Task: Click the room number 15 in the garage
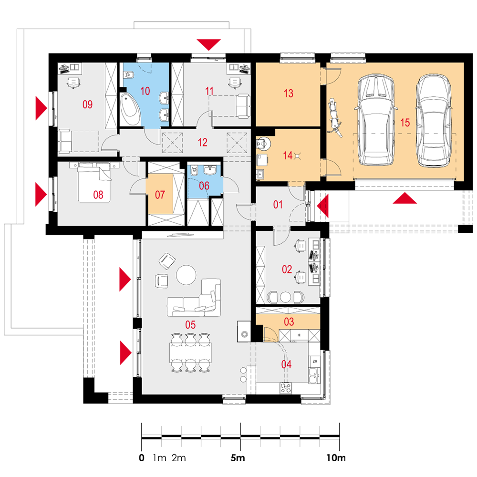tap(405, 123)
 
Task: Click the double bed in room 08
tap(94, 182)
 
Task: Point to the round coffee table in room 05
tap(186, 275)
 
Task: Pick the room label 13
tap(289, 93)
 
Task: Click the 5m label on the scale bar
tap(238, 457)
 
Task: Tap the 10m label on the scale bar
tap(336, 457)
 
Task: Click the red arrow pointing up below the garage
tap(404, 198)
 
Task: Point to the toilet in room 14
tap(263, 143)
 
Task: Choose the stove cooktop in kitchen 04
tap(286, 388)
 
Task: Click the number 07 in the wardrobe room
tap(160, 195)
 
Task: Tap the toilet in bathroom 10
tap(129, 74)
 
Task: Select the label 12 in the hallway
tap(202, 142)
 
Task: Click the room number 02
tap(287, 269)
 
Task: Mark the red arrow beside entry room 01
tap(323, 206)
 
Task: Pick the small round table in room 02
tap(285, 297)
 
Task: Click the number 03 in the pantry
tap(289, 321)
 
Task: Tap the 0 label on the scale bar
tap(142, 457)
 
